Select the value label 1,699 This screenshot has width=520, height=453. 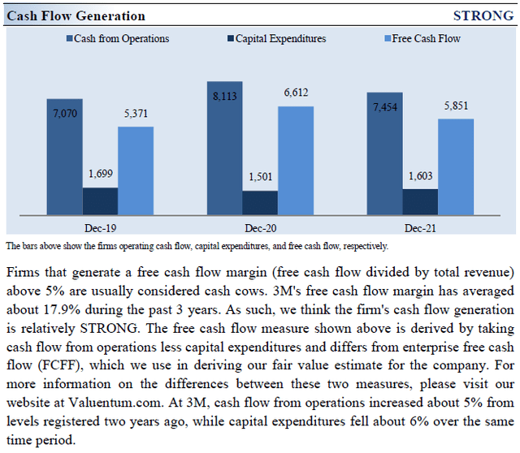click(x=100, y=173)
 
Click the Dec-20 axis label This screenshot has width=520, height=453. click(x=260, y=228)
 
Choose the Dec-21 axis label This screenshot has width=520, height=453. click(x=420, y=228)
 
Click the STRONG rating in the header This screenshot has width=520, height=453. click(x=483, y=15)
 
